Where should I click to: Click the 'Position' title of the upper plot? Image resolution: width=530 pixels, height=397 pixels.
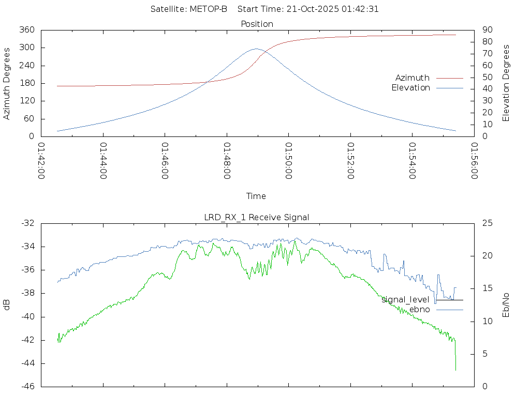(x=257, y=24)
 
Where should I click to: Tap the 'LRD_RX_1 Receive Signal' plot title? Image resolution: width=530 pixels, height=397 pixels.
(x=257, y=217)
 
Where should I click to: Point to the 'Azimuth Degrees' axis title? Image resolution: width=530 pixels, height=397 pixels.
(x=7, y=83)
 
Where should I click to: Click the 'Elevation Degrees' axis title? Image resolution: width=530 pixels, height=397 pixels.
(x=506, y=83)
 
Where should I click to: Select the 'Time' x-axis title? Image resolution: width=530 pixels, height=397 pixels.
(x=256, y=196)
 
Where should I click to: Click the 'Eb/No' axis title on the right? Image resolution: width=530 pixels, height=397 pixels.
(x=506, y=305)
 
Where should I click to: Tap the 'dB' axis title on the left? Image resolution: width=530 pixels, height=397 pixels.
(x=7, y=305)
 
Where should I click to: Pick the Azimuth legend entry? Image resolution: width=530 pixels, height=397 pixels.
(x=413, y=78)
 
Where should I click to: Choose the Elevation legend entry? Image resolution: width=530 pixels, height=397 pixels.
(x=410, y=88)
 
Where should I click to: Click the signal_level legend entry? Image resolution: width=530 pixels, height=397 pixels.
(x=405, y=300)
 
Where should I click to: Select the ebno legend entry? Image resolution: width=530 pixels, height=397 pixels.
(x=419, y=310)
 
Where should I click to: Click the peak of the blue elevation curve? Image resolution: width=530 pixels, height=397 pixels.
(x=256, y=49)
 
